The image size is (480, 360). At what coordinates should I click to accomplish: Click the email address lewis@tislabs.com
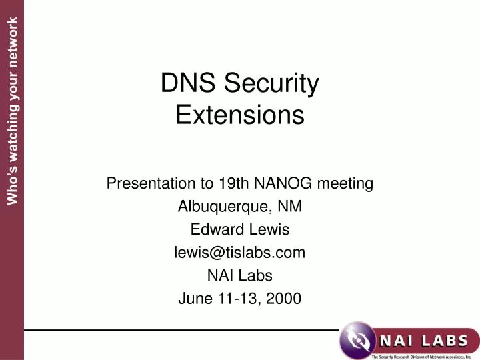(240, 253)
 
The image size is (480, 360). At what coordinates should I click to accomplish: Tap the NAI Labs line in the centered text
(240, 276)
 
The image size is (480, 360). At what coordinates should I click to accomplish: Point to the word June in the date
(195, 299)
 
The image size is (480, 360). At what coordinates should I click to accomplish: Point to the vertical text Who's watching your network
(12, 110)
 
